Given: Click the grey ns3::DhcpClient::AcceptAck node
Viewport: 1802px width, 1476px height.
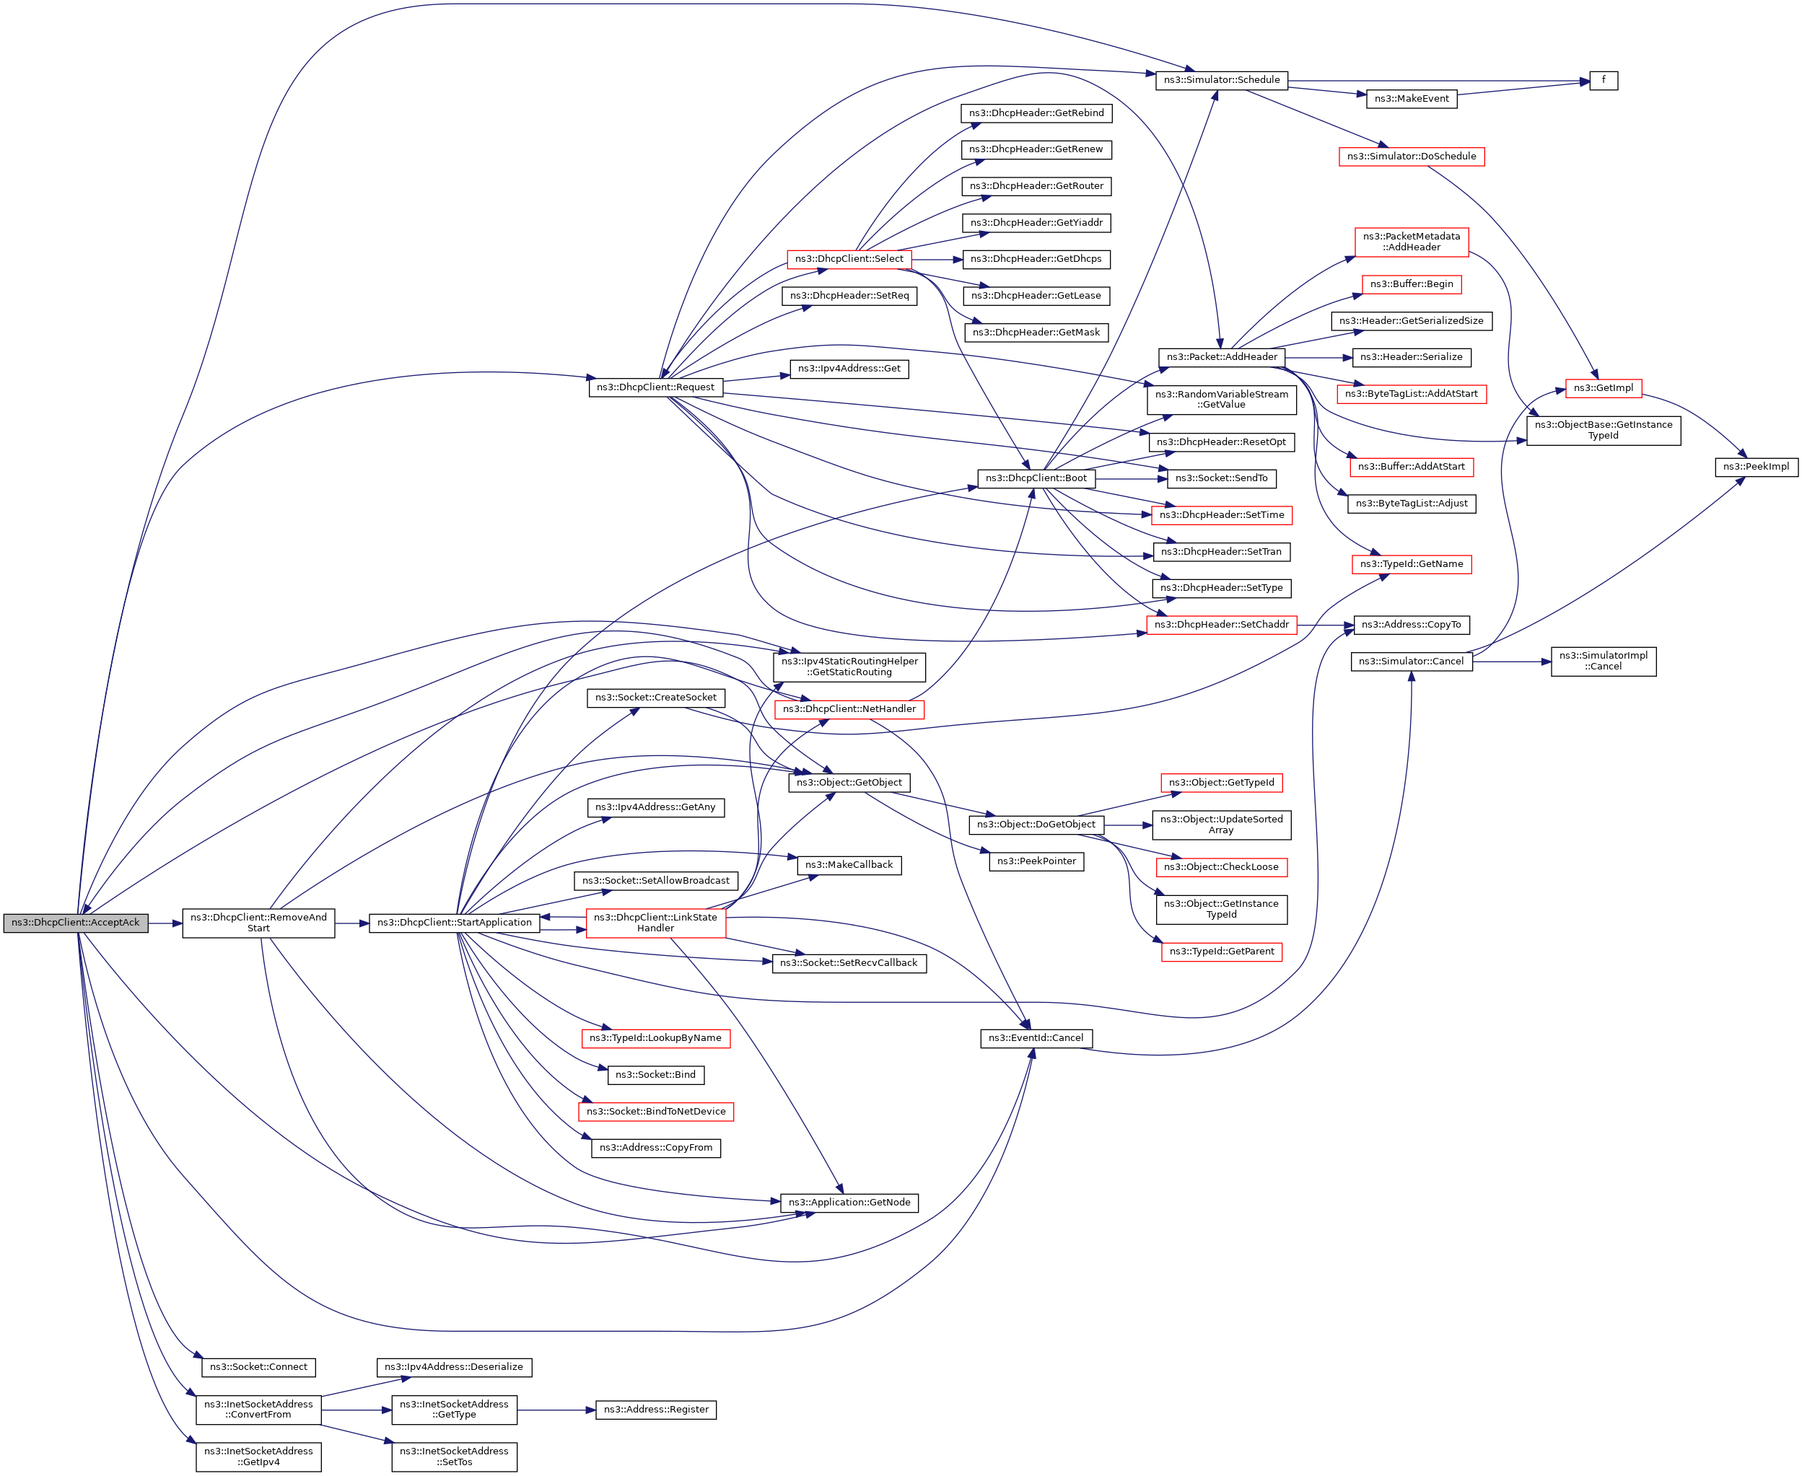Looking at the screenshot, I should pos(76,923).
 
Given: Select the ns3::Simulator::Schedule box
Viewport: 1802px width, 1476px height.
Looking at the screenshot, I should pos(1221,80).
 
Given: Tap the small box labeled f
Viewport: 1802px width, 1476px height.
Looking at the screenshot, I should pos(1603,80).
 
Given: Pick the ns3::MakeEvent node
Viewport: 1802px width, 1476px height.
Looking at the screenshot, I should pos(1411,99).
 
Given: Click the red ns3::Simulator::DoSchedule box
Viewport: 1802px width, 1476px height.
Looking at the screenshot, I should pos(1411,157).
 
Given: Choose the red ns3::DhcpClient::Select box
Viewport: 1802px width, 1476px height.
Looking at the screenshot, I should pos(849,258).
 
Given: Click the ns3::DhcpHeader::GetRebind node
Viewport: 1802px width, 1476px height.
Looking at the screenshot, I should pos(1036,113).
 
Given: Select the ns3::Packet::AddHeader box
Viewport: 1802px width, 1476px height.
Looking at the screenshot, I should pos(1221,357).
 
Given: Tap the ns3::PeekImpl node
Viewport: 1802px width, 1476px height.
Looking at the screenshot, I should pos(1755,466).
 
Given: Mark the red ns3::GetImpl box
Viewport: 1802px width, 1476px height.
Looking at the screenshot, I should pos(1602,387).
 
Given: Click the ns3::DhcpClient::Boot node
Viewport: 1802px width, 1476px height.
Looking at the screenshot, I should pos(1035,478).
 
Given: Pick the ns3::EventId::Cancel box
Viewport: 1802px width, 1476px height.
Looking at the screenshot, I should pos(1035,1038).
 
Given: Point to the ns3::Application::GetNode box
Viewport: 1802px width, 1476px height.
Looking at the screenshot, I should pos(849,1202).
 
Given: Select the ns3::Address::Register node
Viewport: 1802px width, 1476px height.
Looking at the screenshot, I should pos(656,1410).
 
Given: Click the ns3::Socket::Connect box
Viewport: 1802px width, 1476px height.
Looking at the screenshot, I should pos(258,1367).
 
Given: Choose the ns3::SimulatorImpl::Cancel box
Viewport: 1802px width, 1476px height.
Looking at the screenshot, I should pos(1602,661).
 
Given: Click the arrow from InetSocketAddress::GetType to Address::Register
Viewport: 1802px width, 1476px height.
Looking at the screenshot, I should pos(556,1410).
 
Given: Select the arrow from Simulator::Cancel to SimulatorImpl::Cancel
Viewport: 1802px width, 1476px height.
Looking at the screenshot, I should pos(1511,662).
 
